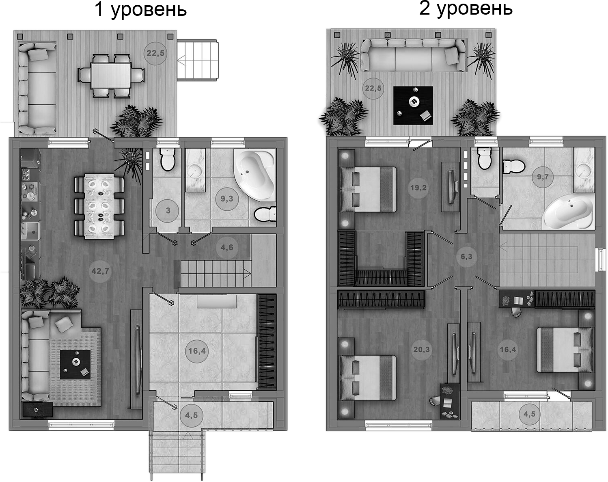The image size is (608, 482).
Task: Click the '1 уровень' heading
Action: pos(140,10)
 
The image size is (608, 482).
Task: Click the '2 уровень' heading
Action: pos(466,8)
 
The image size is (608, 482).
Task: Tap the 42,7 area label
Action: pos(100,271)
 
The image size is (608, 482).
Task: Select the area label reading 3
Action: pos(168,210)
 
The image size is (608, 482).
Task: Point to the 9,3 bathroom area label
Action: pos(227,199)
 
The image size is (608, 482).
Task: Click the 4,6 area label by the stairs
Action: pos(227,247)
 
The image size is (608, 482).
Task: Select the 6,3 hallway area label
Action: pos(466,257)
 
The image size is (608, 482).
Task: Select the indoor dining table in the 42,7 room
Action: pos(99,206)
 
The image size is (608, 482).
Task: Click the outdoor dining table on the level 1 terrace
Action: pos(111,76)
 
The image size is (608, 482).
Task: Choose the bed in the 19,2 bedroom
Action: pos(368,189)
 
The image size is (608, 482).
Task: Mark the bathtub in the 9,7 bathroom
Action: pos(567,212)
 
